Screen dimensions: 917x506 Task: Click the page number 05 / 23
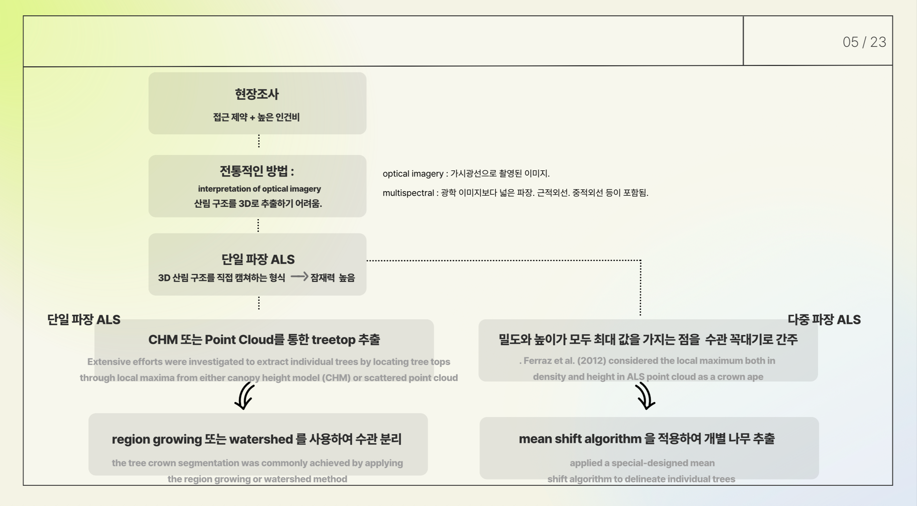864,42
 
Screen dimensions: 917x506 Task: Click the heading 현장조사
257,94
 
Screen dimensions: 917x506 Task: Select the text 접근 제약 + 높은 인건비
256,117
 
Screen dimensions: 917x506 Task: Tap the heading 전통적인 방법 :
257,171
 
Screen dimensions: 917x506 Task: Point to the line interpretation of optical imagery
259,188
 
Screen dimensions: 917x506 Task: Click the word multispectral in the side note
408,193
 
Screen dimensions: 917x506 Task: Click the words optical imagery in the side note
413,174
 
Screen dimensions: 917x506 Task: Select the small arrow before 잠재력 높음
299,276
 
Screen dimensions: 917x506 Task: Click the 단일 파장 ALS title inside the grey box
258,259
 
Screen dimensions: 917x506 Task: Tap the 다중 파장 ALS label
824,320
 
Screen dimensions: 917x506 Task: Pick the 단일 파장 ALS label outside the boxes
84,320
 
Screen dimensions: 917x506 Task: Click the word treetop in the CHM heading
333,340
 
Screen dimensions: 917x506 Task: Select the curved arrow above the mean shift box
645,396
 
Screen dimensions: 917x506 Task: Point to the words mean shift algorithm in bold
580,439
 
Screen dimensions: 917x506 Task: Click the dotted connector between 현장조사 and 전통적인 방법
259,141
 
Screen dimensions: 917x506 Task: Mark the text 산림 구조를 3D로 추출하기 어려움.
258,203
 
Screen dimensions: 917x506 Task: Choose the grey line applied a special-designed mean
642,463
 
